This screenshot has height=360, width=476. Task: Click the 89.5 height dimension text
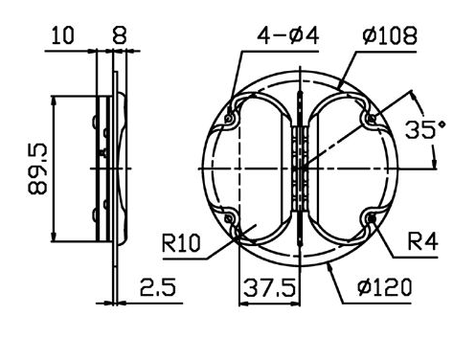tap(37, 169)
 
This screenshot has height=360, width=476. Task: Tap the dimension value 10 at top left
tap(62, 35)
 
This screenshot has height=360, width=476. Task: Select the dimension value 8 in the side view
tap(120, 35)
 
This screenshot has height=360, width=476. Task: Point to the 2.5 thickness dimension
tap(158, 287)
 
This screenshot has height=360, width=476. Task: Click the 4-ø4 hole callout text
tap(288, 35)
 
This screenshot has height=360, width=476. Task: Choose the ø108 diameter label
tap(390, 35)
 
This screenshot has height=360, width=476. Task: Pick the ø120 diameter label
tap(385, 287)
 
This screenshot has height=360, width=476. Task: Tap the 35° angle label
tap(425, 129)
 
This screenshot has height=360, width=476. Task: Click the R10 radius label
tap(181, 243)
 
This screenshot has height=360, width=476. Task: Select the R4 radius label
tap(422, 241)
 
